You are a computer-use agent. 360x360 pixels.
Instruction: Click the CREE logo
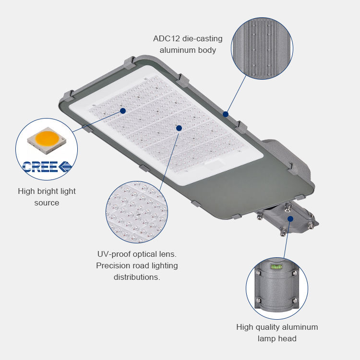point(47,167)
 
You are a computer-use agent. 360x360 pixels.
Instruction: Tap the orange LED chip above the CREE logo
point(47,138)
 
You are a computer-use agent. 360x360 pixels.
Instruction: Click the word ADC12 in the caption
point(166,38)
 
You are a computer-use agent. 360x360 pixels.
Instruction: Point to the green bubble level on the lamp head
point(276,266)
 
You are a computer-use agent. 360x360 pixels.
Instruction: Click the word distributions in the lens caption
point(137,277)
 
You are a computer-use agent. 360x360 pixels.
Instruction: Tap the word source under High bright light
point(47,203)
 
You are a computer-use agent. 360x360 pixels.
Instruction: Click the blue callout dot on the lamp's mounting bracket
point(290,219)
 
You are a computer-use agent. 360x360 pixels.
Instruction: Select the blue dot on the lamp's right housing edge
point(226,114)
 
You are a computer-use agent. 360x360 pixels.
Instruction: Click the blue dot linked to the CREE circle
point(123,111)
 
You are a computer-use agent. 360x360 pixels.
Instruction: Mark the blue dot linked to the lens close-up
point(179,128)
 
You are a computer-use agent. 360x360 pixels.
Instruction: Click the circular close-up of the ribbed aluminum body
point(262,48)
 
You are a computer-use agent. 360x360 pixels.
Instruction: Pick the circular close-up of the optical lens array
point(137,212)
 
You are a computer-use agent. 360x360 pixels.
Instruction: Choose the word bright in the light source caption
point(44,191)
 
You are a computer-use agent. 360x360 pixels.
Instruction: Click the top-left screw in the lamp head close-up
point(258,273)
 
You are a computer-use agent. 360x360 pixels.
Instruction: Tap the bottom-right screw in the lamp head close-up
point(295,301)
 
